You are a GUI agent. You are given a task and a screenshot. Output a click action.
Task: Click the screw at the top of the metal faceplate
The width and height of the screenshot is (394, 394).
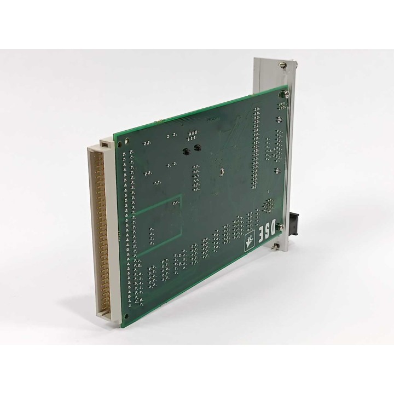pyautogui.click(x=281, y=65)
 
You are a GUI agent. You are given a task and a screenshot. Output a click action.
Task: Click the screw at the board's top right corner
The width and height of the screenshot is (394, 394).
pyautogui.click(x=286, y=94)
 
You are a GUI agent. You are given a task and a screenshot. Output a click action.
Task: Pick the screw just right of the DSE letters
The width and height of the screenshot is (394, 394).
pyautogui.click(x=281, y=228)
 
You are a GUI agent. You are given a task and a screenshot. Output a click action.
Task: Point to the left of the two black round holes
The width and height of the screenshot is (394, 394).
pyautogui.click(x=186, y=151)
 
